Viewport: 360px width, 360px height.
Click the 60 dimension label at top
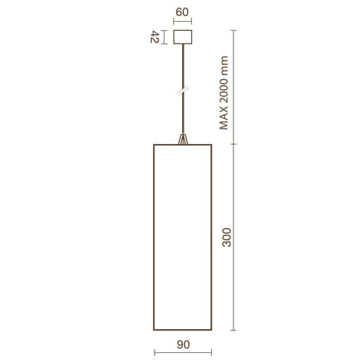[182, 12]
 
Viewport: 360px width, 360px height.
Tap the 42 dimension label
[155, 37]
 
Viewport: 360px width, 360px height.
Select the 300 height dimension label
[226, 237]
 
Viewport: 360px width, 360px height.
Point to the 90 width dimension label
[184, 345]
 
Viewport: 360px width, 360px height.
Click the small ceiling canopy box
[183, 37]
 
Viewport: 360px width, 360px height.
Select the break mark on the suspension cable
[183, 91]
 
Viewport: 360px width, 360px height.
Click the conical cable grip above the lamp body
[183, 139]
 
